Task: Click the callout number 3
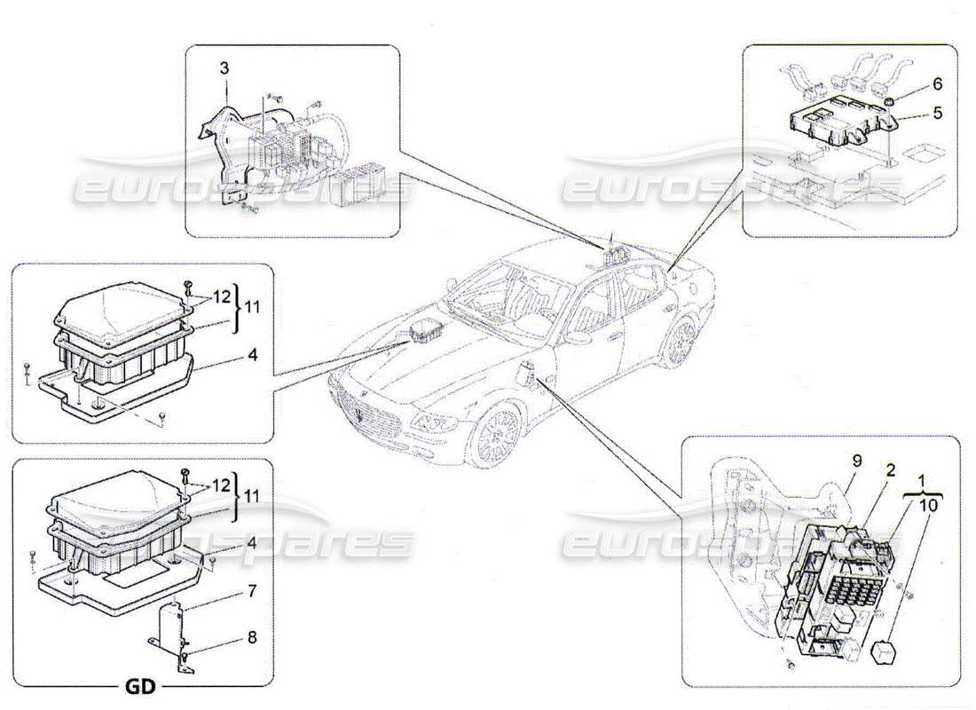tap(224, 67)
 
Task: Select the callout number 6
tap(913, 86)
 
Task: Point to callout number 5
tap(913, 113)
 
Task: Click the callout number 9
tap(856, 461)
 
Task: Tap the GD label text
tap(140, 688)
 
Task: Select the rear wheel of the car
tap(681, 341)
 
